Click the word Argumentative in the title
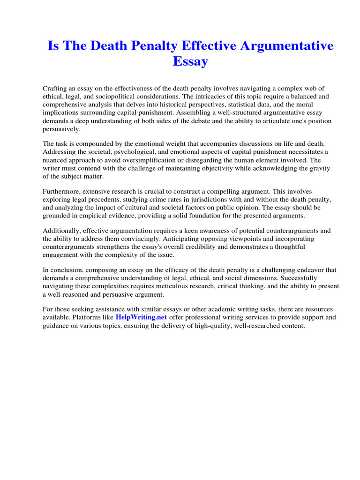coord(280,46)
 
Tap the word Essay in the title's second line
coord(190,61)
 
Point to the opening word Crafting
coord(56,89)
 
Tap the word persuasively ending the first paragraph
coord(61,128)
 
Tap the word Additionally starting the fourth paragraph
coord(61,231)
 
